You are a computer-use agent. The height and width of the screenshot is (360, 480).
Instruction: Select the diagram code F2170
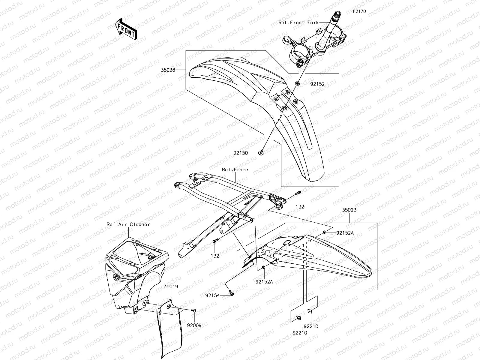tap(359, 11)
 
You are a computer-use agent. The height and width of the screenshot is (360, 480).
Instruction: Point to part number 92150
tap(241, 153)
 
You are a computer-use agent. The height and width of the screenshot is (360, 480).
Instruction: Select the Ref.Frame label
tap(235, 169)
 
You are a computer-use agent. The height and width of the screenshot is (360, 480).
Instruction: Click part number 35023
tap(349, 210)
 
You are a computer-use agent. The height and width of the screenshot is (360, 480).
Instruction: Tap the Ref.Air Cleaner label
tap(128, 224)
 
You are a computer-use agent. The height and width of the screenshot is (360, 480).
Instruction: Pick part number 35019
tap(171, 286)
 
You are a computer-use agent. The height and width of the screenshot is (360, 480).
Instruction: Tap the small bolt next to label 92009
tap(193, 310)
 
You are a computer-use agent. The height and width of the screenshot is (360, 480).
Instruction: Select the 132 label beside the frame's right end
tap(300, 207)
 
